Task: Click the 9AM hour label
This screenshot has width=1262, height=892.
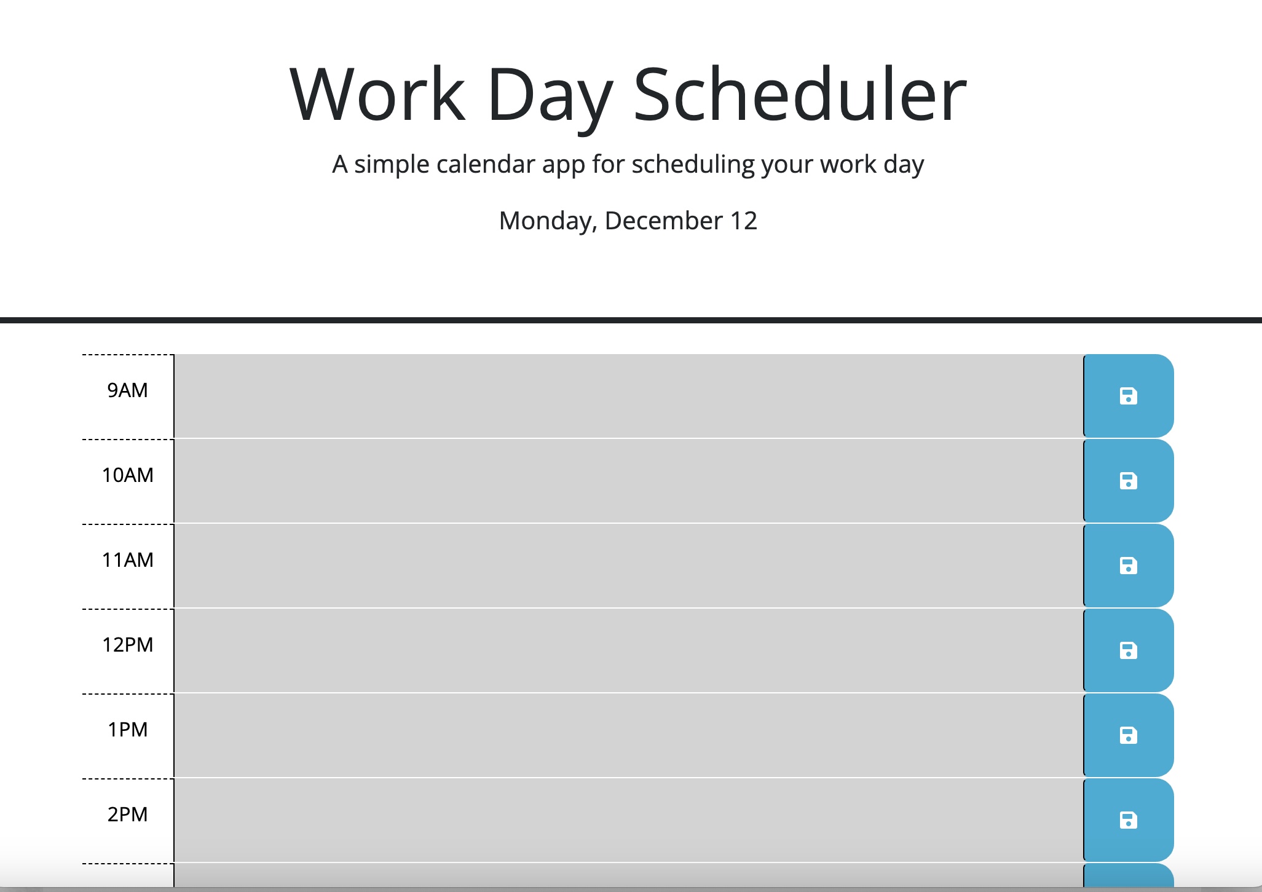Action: (127, 390)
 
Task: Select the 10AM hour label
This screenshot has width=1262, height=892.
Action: (127, 475)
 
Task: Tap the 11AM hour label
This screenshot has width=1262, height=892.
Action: (127, 560)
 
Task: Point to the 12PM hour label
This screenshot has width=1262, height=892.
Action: (127, 645)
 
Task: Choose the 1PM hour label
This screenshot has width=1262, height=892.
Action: (127, 730)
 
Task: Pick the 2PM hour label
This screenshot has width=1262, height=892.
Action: (127, 815)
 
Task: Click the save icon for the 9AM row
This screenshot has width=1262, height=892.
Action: (1128, 396)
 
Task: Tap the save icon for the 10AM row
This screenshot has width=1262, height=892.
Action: (1128, 481)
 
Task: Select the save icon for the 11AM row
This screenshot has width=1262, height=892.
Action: (1128, 566)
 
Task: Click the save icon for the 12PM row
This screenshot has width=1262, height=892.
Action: (1128, 650)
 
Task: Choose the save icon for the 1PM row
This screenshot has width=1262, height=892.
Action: (1128, 735)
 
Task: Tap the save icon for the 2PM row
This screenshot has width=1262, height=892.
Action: (1128, 820)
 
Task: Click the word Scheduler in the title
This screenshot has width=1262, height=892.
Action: (800, 95)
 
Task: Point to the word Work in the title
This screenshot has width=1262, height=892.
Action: (377, 95)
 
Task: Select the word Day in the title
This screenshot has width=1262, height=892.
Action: (550, 98)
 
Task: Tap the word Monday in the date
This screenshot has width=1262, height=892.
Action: (547, 221)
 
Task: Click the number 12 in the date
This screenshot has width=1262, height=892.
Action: (743, 221)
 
